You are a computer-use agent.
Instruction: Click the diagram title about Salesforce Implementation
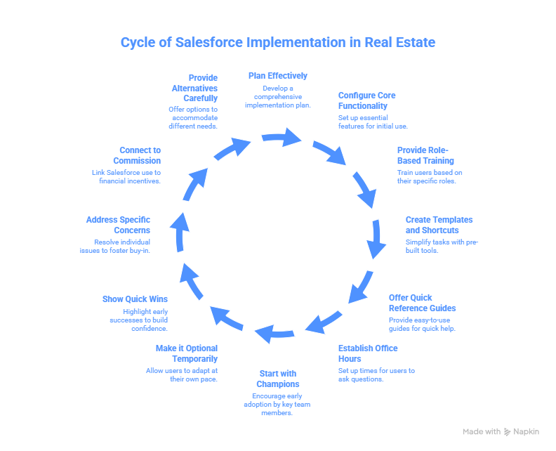pyautogui.click(x=278, y=43)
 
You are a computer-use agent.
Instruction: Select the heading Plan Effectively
pyautogui.click(x=278, y=76)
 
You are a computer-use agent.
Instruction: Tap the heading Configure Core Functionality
pyautogui.click(x=366, y=100)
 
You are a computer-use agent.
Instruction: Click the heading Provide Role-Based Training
pyautogui.click(x=425, y=155)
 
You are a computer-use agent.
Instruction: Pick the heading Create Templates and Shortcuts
pyautogui.click(x=439, y=225)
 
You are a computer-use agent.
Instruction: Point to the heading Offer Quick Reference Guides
pyautogui.click(x=422, y=303)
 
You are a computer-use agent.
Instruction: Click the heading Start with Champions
pyautogui.click(x=278, y=379)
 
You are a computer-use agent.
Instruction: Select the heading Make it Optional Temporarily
pyautogui.click(x=186, y=353)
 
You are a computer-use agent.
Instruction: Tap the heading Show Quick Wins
pyautogui.click(x=135, y=299)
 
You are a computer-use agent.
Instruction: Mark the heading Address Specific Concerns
pyautogui.click(x=119, y=225)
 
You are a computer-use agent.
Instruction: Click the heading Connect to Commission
pyautogui.click(x=131, y=155)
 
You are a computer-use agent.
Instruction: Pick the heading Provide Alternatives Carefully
pyautogui.click(x=194, y=88)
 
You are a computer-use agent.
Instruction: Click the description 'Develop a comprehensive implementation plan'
pyautogui.click(x=278, y=97)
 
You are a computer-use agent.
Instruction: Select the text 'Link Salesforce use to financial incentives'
pyautogui.click(x=126, y=176)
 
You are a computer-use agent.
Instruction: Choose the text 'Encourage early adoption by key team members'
pyautogui.click(x=278, y=405)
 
